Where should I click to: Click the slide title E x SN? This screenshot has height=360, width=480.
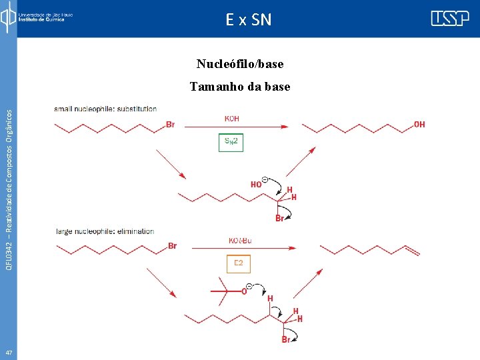[249, 20]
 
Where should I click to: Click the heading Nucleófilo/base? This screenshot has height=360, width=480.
[240, 64]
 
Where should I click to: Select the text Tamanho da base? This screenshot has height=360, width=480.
[240, 86]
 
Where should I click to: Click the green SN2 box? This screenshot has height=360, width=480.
[231, 143]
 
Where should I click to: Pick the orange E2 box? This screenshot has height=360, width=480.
[238, 265]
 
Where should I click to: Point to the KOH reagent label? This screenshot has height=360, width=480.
[231, 119]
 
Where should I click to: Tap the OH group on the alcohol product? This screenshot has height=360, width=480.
[419, 124]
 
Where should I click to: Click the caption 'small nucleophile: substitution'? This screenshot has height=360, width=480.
[105, 109]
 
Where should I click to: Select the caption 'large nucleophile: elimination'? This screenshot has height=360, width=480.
[105, 232]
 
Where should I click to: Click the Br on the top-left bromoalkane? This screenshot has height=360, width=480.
[170, 124]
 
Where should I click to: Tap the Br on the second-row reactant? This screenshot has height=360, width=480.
[173, 246]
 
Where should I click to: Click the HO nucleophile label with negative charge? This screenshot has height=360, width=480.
[257, 183]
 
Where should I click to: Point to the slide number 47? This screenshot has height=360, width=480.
[8, 352]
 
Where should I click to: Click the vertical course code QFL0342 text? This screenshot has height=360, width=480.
[8, 180]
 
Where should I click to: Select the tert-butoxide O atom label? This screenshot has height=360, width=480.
[245, 290]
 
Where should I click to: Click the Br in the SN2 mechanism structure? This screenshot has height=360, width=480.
[281, 219]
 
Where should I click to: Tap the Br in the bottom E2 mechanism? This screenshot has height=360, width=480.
[286, 340]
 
